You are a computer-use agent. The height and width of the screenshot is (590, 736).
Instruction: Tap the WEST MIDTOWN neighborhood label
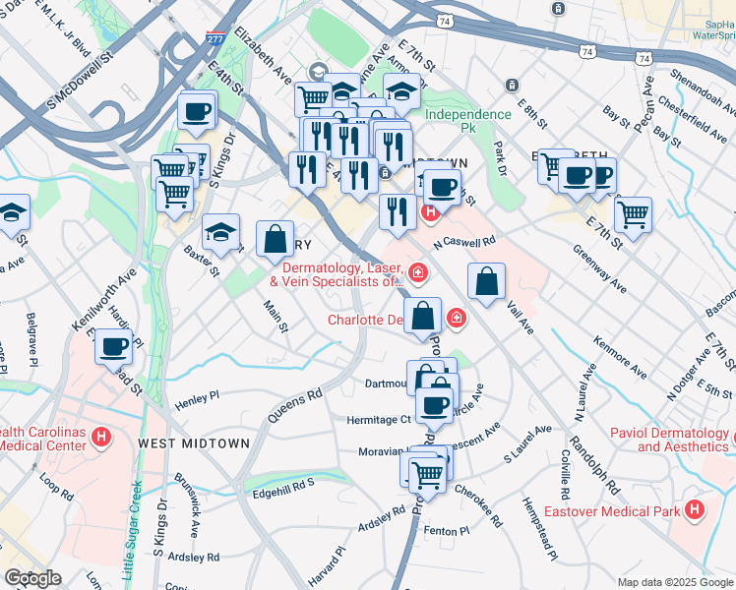pyautogui.click(x=194, y=443)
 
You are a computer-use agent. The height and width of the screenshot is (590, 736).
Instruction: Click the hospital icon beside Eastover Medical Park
pyautogui.click(x=695, y=509)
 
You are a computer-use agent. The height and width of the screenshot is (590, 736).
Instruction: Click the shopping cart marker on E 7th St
pyautogui.click(x=633, y=212)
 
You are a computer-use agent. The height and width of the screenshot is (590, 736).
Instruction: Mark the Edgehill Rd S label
pyautogui.click(x=282, y=484)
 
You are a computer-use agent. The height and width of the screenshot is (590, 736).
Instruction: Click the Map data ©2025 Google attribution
pyautogui.click(x=675, y=582)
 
